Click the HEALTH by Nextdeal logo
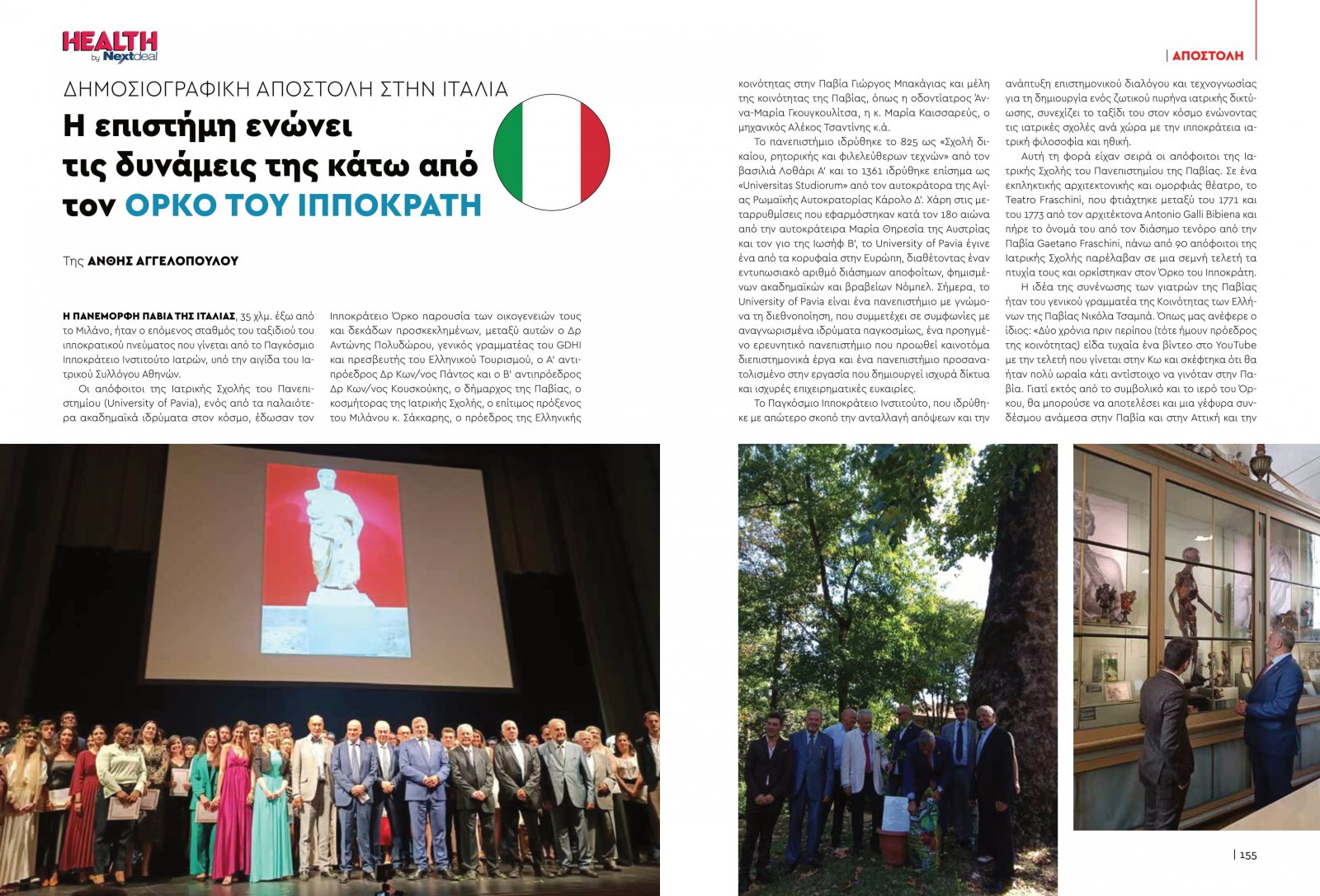pos(110,46)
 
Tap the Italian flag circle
pos(551,152)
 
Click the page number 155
pos(1247,855)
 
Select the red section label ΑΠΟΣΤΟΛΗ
pos(1207,55)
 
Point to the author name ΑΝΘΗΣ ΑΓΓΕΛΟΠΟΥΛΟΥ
pos(163,261)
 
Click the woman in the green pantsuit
pos(202,800)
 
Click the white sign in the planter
pos(893,813)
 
